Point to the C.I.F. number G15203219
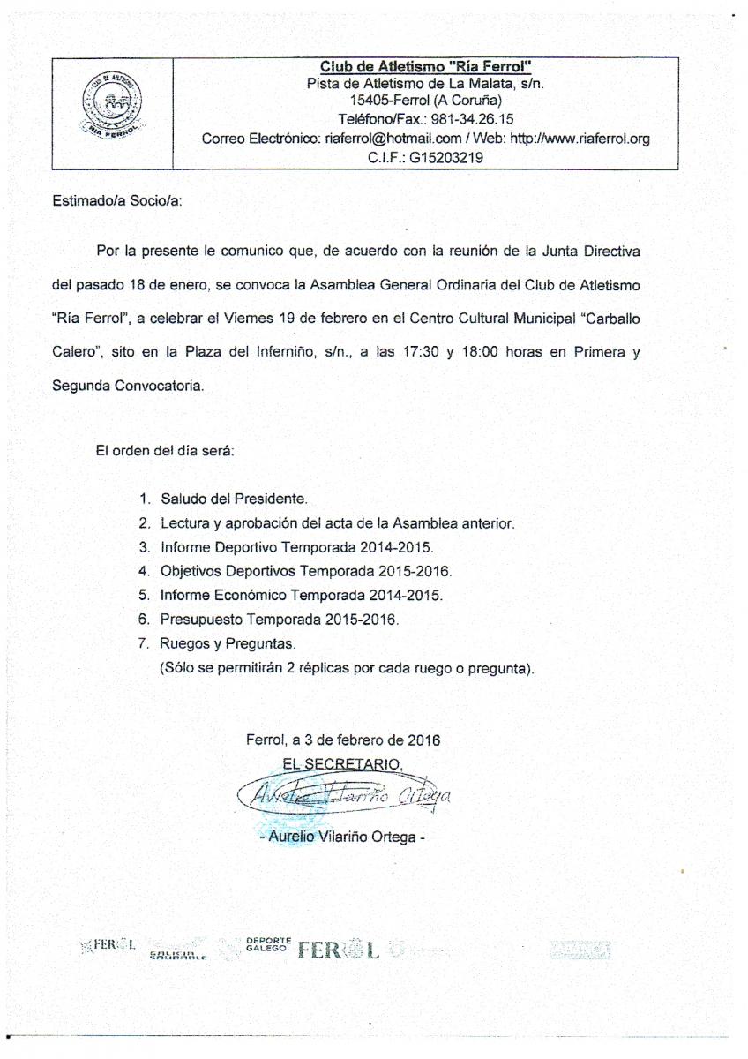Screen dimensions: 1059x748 click(446, 159)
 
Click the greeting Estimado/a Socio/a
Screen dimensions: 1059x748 click(117, 201)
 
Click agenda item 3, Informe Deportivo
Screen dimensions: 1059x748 click(296, 547)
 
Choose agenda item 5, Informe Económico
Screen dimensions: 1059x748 click(301, 595)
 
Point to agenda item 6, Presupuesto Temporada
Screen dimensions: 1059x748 click(280, 620)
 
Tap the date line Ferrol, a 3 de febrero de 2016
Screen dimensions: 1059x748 click(343, 739)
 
